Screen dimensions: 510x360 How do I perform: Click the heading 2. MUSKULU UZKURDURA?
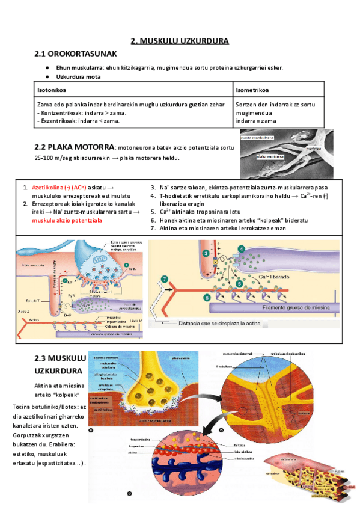(x=180, y=41)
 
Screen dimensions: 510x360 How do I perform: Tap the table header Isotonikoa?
(x=52, y=90)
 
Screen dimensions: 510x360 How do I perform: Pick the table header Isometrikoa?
(x=252, y=90)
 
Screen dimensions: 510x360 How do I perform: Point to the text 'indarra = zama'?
(x=257, y=120)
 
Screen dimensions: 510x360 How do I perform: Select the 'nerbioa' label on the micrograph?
(x=313, y=146)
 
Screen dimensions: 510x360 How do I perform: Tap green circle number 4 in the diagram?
(x=242, y=248)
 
